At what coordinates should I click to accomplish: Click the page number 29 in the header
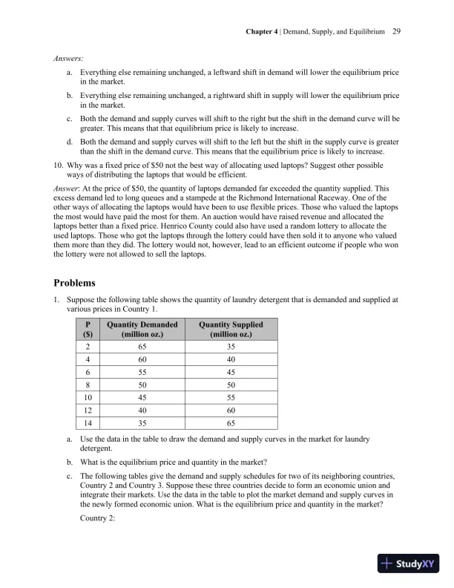(x=396, y=32)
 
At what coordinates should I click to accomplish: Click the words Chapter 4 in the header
(x=265, y=32)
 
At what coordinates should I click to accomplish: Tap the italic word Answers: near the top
(x=68, y=57)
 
